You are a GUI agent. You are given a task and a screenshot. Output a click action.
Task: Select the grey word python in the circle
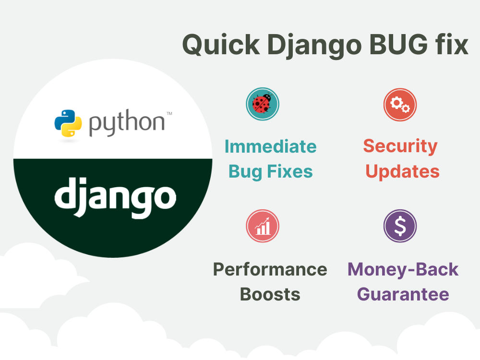click(x=126, y=124)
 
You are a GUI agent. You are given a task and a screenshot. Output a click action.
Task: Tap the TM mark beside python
click(x=169, y=114)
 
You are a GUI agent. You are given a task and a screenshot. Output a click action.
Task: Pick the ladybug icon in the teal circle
click(x=263, y=104)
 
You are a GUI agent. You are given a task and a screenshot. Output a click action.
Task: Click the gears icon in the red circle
click(x=400, y=104)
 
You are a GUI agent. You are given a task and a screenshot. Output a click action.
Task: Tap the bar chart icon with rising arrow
click(x=263, y=226)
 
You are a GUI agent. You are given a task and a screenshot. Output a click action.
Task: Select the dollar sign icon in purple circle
click(x=400, y=226)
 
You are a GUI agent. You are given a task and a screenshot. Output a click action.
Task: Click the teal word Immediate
click(x=270, y=146)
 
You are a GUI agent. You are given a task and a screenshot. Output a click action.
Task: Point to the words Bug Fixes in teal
click(x=270, y=171)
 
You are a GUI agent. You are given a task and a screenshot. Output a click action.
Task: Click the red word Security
click(x=400, y=146)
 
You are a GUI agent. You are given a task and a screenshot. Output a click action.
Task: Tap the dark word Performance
click(x=270, y=270)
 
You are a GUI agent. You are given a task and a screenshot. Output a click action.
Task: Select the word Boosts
click(x=270, y=294)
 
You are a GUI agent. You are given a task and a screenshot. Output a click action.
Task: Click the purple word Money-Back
click(x=403, y=269)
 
